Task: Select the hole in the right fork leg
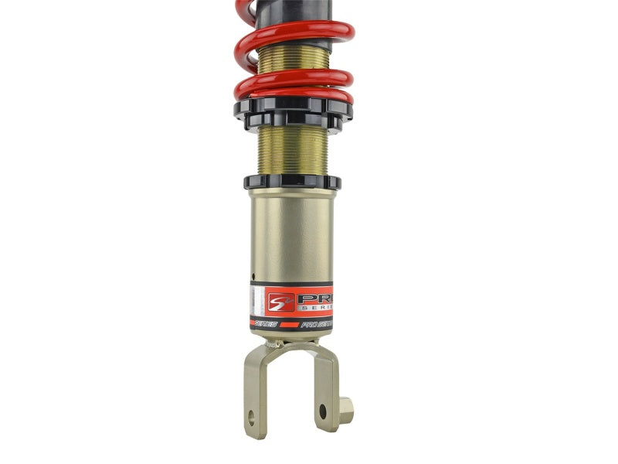[323, 411]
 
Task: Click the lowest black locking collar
[292, 182]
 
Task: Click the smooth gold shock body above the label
[292, 232]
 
